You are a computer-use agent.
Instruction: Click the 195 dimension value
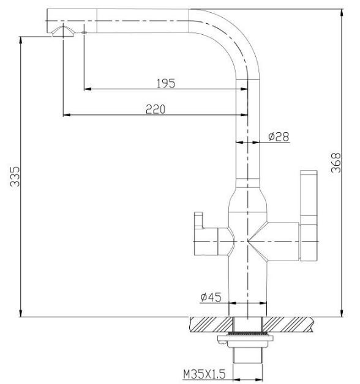pos(166,83)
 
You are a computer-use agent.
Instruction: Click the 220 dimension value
pos(156,109)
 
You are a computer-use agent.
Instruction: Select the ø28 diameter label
pos(279,136)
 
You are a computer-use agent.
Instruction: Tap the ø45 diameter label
pos(211,297)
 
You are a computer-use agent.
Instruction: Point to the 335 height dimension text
pos(15,177)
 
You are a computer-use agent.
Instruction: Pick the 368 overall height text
pos(336,163)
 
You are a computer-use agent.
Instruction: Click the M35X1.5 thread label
pos(204,374)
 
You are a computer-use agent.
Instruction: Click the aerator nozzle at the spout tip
pos(63,32)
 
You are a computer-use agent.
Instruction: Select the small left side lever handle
pos(206,234)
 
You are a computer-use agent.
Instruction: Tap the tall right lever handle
pos(309,215)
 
